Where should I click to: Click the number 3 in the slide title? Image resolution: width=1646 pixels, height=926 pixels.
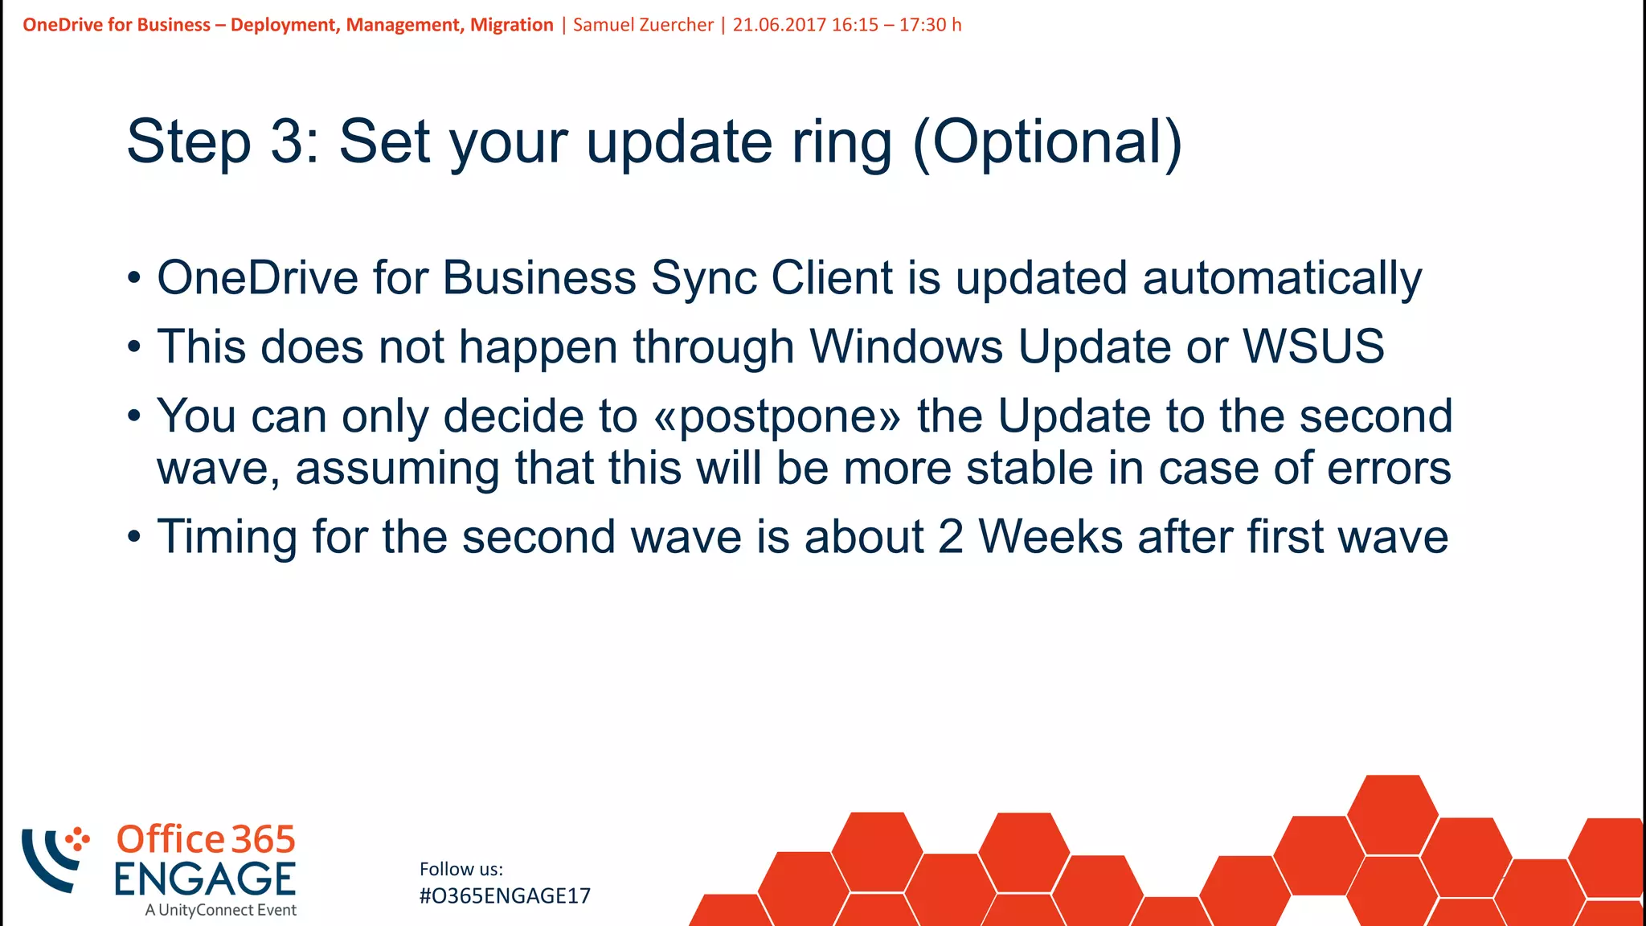(x=285, y=142)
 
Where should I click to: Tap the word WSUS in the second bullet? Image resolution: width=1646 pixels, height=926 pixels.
(x=1313, y=346)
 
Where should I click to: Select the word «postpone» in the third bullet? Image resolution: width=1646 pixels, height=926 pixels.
(x=778, y=416)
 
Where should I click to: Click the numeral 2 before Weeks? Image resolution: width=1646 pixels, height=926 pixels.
(x=950, y=537)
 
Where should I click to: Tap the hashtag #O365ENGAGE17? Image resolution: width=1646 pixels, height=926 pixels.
(x=505, y=895)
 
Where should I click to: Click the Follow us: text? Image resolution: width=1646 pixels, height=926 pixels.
(x=461, y=869)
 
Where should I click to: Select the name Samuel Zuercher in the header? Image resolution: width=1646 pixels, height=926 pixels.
(x=643, y=25)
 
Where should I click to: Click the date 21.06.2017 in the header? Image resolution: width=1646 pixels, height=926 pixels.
(x=779, y=25)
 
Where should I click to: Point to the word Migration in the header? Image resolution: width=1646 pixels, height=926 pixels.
(x=511, y=25)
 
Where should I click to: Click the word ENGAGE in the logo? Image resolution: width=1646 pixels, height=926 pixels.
(x=205, y=879)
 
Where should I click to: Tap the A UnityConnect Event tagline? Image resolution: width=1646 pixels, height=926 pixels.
(x=221, y=910)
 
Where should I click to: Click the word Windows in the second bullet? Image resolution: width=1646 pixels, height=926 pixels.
(x=906, y=346)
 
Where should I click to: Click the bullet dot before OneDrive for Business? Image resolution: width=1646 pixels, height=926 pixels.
(x=134, y=279)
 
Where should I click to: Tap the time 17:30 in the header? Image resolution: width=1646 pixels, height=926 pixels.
(x=923, y=25)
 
